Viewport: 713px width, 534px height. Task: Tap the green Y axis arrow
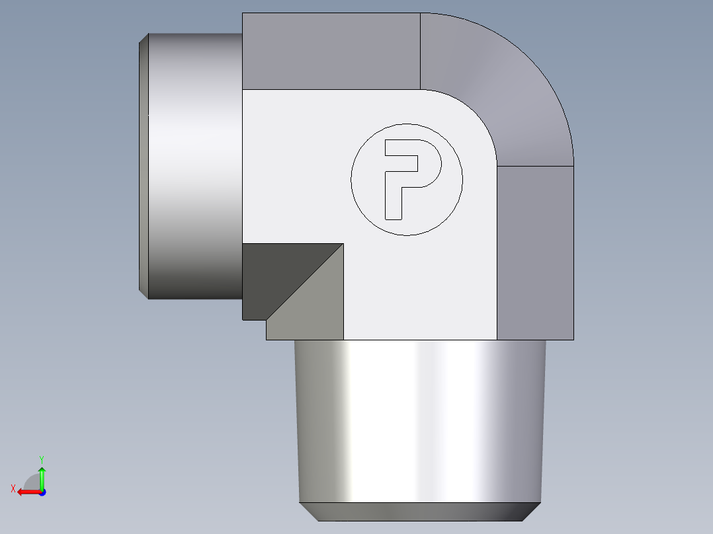(x=42, y=476)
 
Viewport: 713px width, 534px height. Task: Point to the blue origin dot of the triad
(x=42, y=492)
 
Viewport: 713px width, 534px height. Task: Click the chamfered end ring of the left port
(x=144, y=165)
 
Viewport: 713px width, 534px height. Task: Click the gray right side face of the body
(x=534, y=251)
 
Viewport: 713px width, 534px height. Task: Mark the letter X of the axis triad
(x=13, y=488)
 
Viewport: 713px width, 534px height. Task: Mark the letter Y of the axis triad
(x=41, y=459)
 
